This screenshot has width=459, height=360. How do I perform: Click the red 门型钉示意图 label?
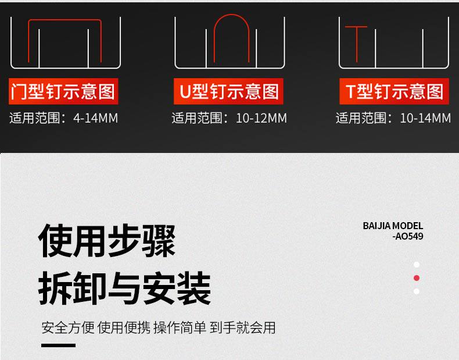click(x=63, y=91)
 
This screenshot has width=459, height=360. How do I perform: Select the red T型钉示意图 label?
click(x=394, y=91)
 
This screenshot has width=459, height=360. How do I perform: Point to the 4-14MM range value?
click(x=96, y=119)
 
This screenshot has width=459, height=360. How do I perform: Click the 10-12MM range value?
click(x=261, y=119)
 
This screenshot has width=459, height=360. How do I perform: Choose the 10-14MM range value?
click(x=425, y=119)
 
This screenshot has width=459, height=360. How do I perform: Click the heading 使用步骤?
click(x=107, y=241)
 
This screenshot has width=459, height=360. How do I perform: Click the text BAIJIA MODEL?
click(x=393, y=226)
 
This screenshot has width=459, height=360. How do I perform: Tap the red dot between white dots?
click(x=417, y=278)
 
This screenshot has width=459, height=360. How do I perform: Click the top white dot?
click(x=417, y=265)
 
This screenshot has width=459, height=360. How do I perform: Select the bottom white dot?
click(x=417, y=291)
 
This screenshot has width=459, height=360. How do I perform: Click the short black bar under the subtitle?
click(x=59, y=345)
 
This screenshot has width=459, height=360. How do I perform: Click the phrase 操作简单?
click(x=180, y=327)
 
